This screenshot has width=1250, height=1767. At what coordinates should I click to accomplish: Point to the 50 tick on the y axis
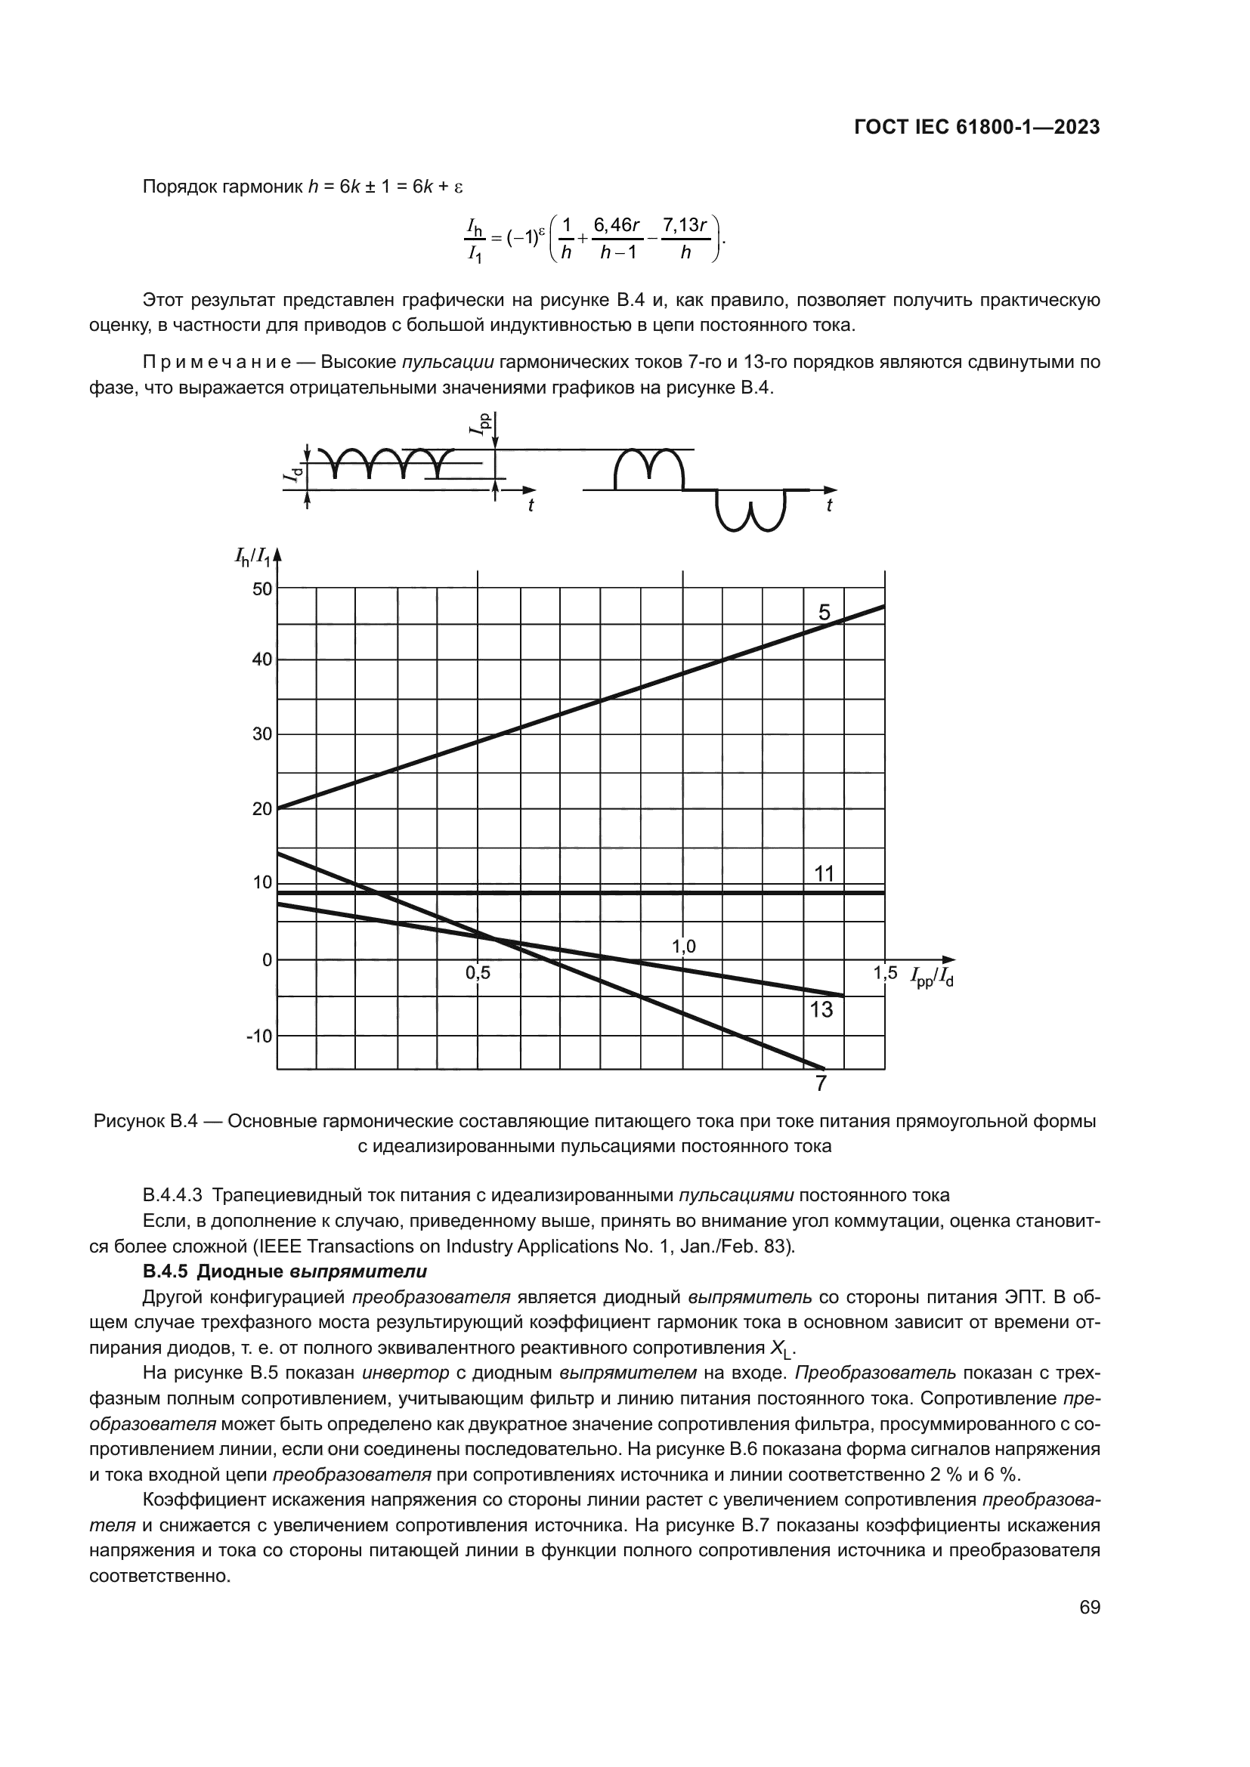(x=262, y=589)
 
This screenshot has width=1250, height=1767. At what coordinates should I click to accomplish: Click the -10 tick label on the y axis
(x=259, y=1036)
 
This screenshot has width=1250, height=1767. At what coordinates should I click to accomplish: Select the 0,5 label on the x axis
(x=477, y=974)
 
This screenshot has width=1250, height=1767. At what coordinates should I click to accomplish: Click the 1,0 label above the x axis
(x=683, y=947)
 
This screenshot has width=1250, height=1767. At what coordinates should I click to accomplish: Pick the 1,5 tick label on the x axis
(x=885, y=973)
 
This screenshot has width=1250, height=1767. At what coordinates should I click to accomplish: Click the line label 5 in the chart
(x=825, y=613)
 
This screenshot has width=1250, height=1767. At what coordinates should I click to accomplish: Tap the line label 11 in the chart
(x=825, y=874)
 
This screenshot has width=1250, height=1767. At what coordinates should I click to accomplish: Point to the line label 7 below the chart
(x=821, y=1084)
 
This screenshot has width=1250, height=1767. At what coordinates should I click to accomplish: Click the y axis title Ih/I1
(x=252, y=556)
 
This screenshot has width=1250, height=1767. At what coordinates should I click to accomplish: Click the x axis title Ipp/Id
(x=932, y=978)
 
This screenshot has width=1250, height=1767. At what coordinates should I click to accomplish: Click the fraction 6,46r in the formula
(x=617, y=224)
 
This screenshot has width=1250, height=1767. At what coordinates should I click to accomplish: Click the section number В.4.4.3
(x=172, y=1195)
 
